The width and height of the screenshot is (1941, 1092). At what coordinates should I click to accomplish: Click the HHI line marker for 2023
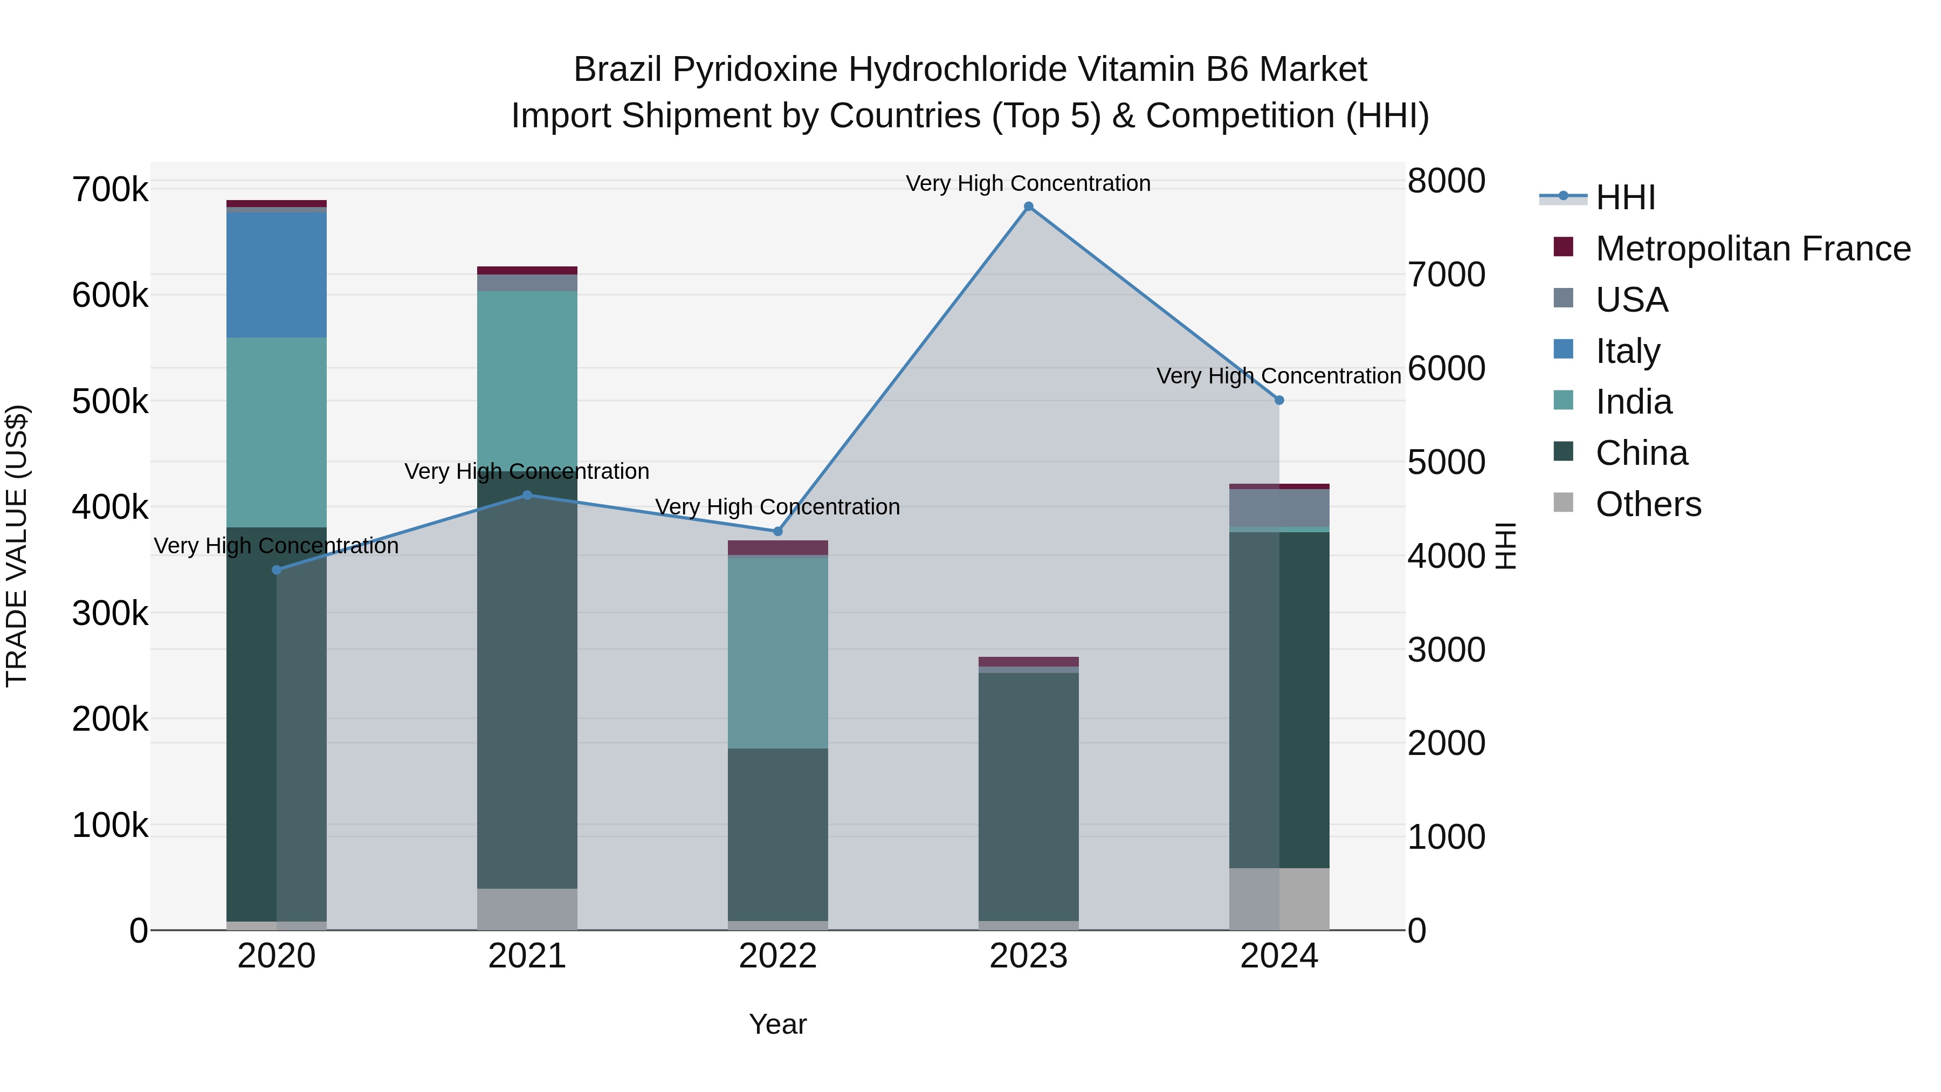[x=1029, y=207]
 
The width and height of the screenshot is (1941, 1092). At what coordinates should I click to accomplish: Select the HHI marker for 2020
[x=277, y=570]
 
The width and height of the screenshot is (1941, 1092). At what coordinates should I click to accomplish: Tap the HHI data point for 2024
[x=1279, y=400]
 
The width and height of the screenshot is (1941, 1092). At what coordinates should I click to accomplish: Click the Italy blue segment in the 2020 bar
[x=277, y=275]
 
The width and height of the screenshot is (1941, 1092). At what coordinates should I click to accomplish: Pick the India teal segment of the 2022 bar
[x=777, y=652]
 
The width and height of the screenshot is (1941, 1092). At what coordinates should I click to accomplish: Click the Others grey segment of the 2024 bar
[x=1279, y=898]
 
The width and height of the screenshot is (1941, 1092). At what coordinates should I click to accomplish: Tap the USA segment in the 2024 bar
[x=1279, y=508]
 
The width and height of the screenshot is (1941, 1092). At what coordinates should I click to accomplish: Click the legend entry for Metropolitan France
[x=1753, y=249]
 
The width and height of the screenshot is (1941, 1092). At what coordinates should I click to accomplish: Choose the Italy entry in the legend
[x=1628, y=351]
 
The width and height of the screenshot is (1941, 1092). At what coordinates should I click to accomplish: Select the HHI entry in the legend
[x=1625, y=197]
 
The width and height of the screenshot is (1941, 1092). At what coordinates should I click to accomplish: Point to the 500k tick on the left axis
[x=110, y=402]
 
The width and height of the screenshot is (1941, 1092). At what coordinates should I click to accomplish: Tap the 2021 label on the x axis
[x=527, y=956]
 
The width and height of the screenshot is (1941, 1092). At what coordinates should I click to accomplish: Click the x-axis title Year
[x=777, y=1024]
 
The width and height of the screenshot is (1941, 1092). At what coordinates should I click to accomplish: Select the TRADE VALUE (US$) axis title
[x=17, y=546]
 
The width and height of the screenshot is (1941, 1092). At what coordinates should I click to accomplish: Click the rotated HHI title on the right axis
[x=1505, y=546]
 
